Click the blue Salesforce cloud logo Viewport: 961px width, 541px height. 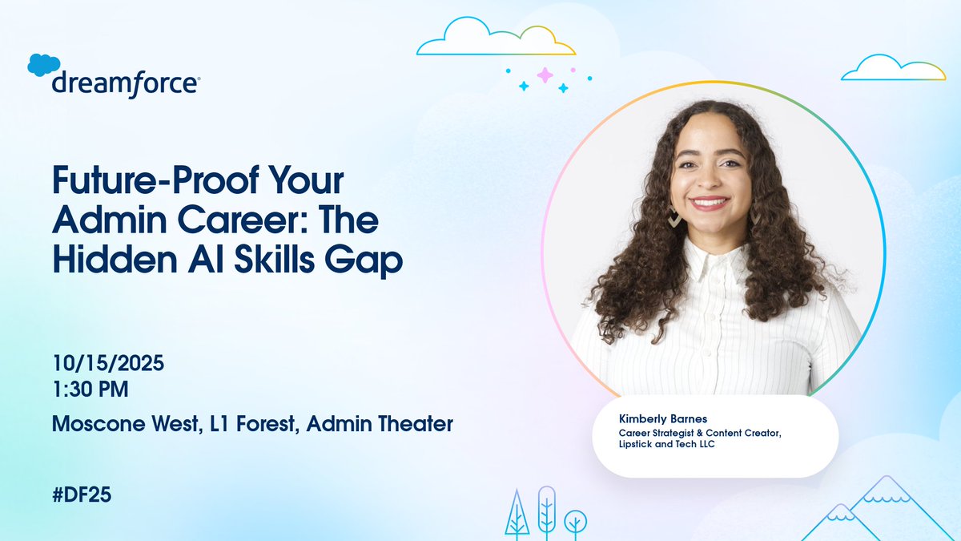(44, 65)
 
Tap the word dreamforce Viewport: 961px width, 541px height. (126, 84)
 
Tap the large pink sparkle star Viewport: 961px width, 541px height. (545, 75)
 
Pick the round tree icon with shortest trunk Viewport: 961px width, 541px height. (573, 522)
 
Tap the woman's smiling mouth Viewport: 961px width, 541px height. (710, 203)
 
